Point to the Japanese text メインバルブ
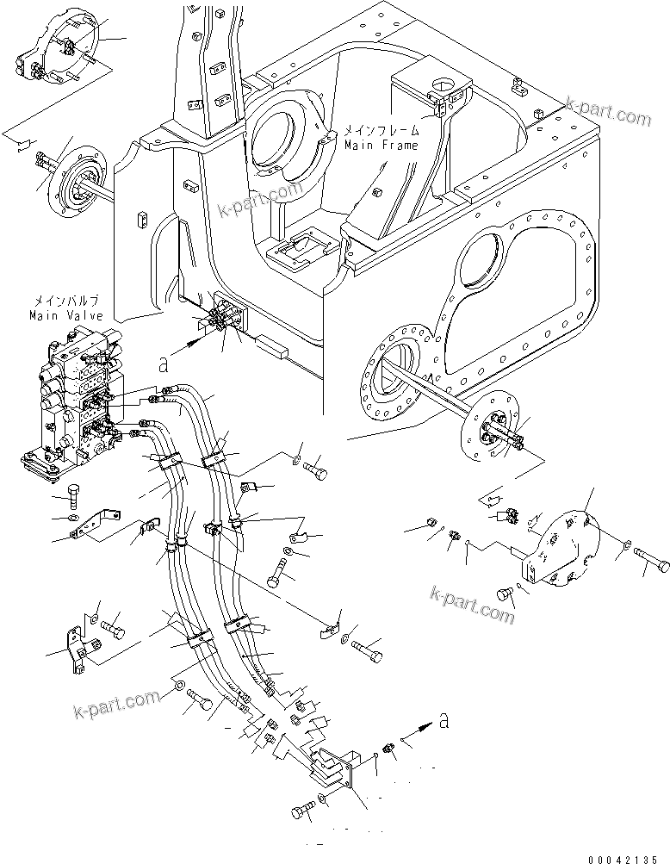tap(67, 301)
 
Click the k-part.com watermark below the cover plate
tap(472, 606)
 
